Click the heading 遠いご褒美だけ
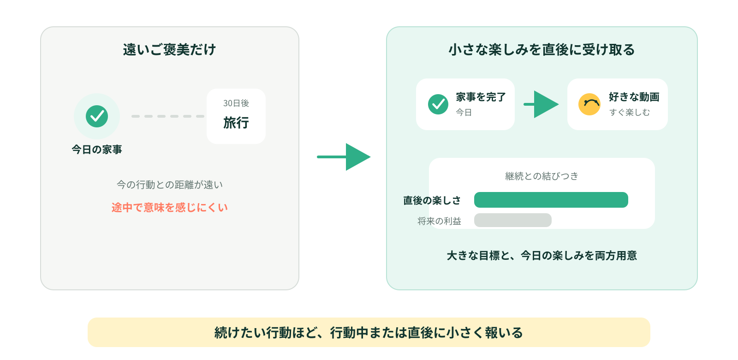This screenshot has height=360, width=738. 169,50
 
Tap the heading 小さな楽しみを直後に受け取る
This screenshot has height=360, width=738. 542,50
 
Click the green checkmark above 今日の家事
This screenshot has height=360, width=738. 97,116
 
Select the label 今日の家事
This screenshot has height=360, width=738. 97,150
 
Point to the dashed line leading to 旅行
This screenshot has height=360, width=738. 168,116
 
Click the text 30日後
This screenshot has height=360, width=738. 236,103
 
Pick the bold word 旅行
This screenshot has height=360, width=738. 236,123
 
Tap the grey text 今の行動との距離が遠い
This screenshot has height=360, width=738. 170,185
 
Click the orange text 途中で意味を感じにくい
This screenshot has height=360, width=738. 170,207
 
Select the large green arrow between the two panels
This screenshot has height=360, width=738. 344,157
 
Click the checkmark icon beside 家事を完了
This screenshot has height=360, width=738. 438,104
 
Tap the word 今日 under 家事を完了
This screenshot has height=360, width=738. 464,113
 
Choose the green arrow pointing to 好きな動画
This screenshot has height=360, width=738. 541,104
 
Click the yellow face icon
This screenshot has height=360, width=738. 589,104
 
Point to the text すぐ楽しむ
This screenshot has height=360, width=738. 629,113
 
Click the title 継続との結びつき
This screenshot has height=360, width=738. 542,176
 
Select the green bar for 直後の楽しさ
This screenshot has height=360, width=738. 551,200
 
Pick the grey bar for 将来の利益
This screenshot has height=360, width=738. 512,220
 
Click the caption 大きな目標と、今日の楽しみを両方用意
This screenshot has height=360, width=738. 542,256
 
